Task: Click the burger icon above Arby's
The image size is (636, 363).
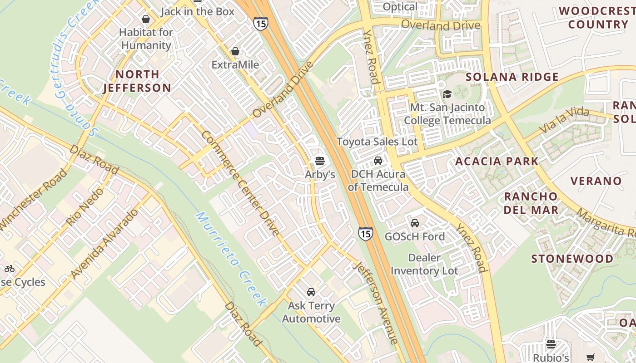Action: (x=320, y=161)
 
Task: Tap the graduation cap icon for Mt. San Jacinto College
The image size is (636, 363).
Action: (x=447, y=94)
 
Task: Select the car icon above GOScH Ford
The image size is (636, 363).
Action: (x=415, y=223)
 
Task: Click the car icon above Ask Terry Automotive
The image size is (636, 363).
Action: (x=311, y=292)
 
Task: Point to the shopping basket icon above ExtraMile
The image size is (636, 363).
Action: (x=235, y=51)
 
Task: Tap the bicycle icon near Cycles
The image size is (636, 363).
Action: (x=10, y=269)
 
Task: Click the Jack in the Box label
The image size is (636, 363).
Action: (x=197, y=11)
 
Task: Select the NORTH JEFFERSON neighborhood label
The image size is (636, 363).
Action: (x=137, y=81)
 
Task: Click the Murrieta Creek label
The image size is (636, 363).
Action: (x=231, y=259)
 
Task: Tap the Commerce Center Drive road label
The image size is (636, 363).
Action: (x=240, y=183)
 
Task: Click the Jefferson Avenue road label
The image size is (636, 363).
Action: (x=377, y=303)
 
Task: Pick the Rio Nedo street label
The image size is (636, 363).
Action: (x=85, y=206)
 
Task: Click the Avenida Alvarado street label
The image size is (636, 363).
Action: (x=105, y=244)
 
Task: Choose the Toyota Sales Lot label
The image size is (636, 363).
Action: (x=377, y=142)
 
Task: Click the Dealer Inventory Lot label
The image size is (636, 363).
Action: (x=424, y=264)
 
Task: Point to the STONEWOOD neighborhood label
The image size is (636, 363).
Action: (x=572, y=259)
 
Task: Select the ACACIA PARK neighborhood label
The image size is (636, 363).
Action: (x=497, y=161)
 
